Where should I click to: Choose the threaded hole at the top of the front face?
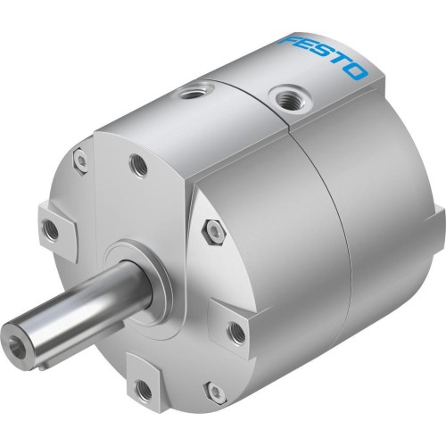[139, 164]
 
